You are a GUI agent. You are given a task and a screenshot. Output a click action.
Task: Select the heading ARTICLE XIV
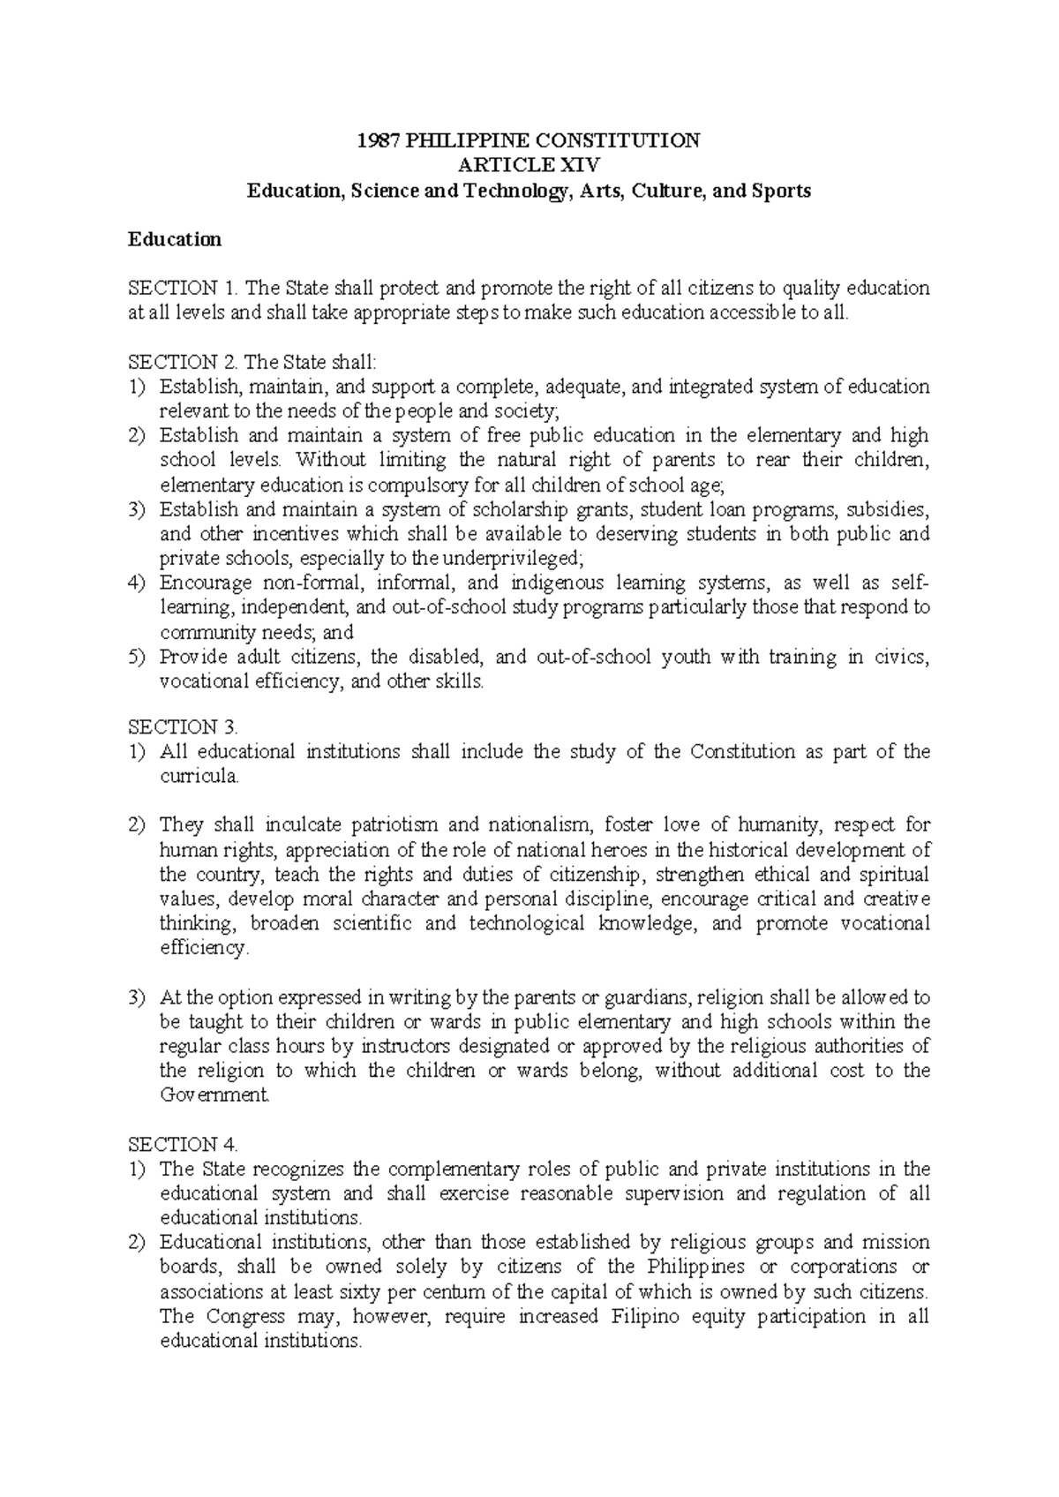click(528, 165)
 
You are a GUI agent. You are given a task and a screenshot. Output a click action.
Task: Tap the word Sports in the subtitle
click(782, 190)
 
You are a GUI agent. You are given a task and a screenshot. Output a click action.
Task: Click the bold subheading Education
click(175, 239)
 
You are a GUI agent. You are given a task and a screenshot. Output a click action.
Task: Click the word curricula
click(199, 777)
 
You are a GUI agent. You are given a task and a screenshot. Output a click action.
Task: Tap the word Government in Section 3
click(214, 1095)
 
